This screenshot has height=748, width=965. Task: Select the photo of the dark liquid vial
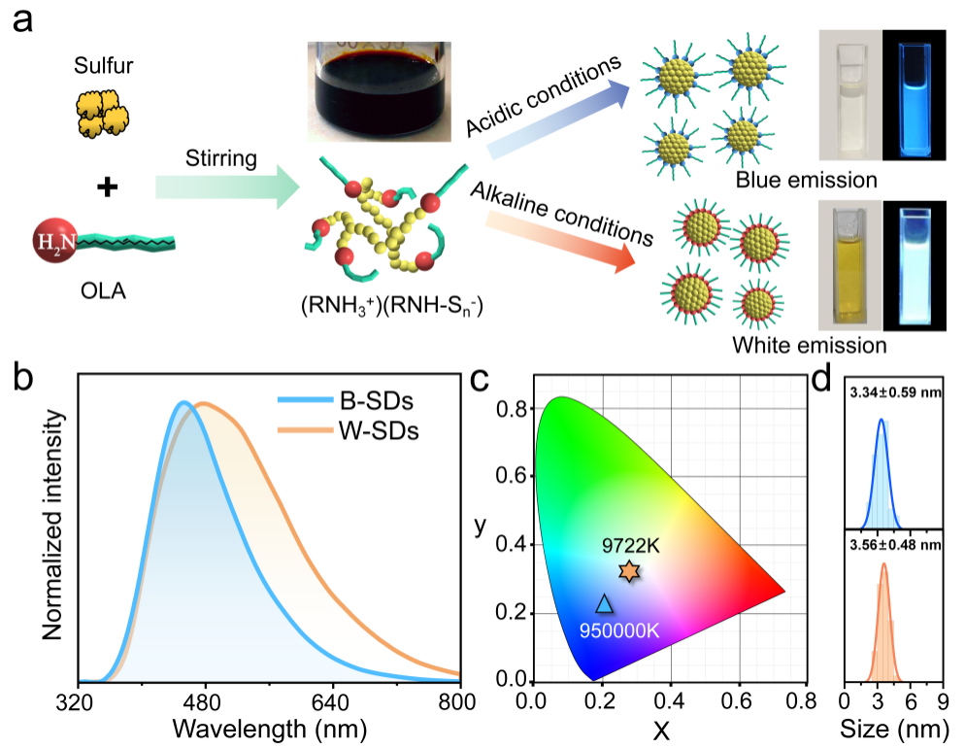374,90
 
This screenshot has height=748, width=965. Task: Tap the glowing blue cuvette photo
915,95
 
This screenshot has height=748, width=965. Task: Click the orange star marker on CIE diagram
629,572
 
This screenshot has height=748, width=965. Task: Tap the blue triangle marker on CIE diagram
604,603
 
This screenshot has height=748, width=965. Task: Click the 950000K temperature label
619,629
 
